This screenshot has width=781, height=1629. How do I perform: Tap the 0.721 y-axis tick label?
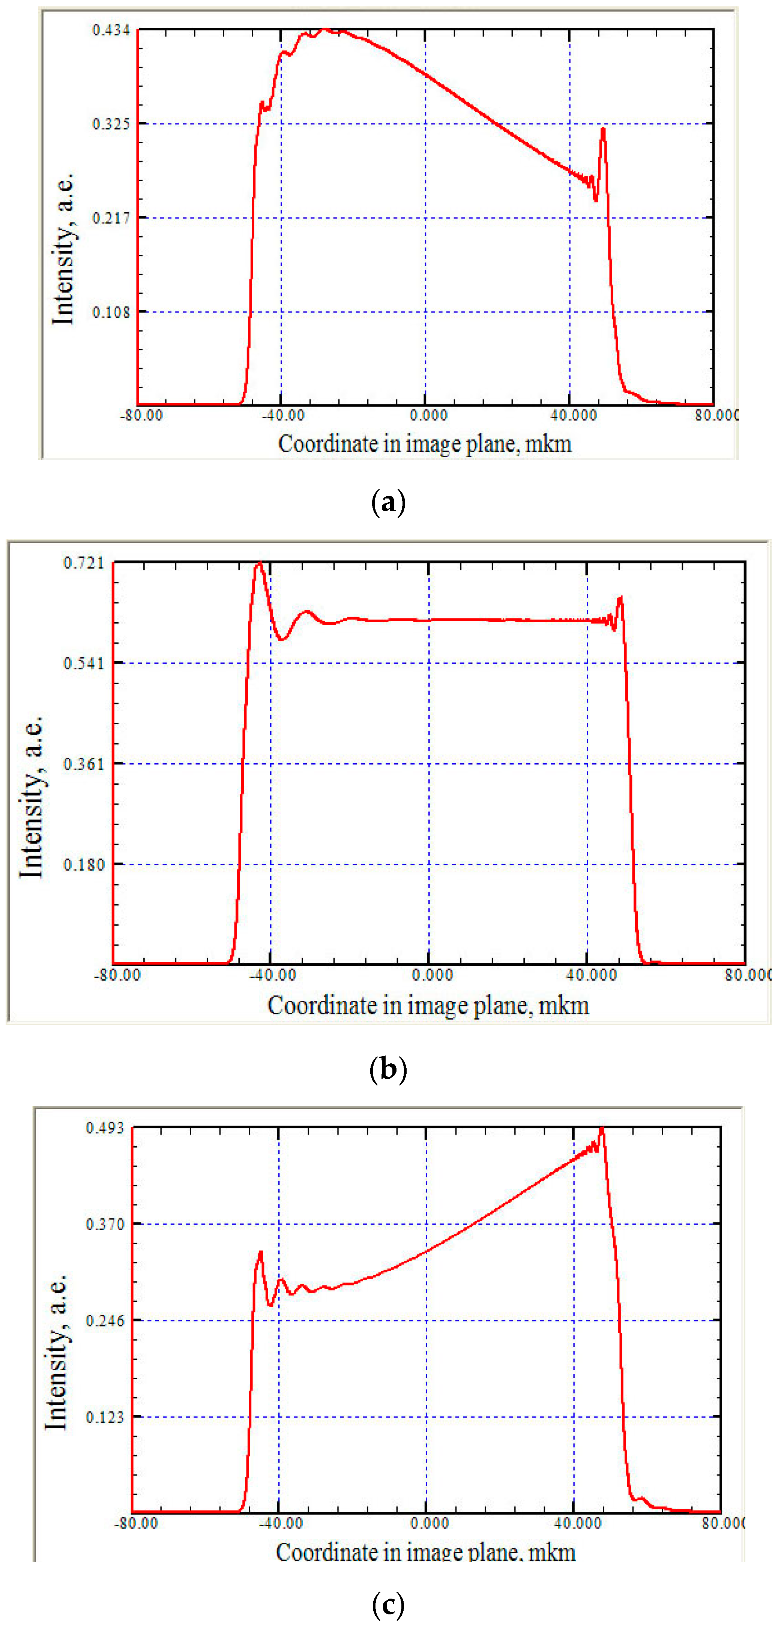[84, 563]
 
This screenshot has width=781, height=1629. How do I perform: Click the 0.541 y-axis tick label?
[84, 664]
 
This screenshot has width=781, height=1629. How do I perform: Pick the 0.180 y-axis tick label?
[84, 865]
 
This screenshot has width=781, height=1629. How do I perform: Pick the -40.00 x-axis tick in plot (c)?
[281, 1523]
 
